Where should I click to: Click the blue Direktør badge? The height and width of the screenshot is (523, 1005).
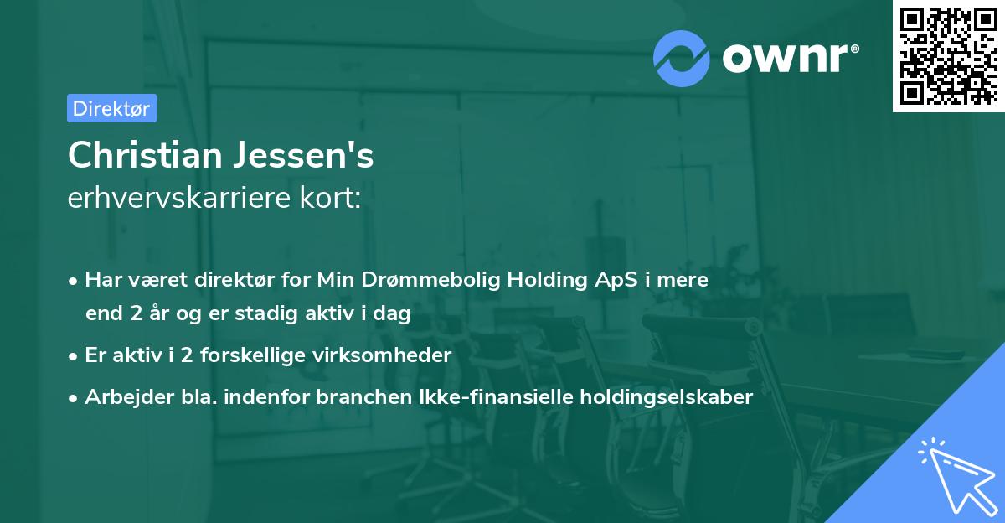click(x=111, y=108)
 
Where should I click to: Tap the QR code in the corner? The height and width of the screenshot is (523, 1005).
click(x=947, y=55)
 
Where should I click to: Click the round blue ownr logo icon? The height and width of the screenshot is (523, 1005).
click(x=682, y=58)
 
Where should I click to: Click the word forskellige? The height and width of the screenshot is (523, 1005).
click(x=261, y=355)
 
